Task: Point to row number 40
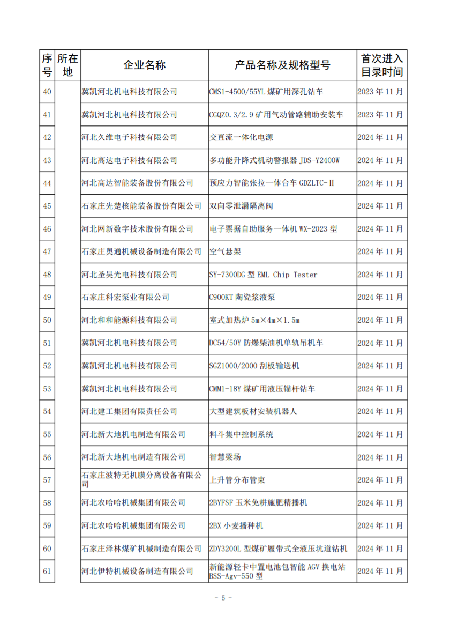pos(47,92)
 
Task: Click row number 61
pos(47,572)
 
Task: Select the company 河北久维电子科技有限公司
pos(129,137)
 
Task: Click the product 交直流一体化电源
pos(241,137)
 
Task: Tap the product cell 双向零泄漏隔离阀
pos(241,206)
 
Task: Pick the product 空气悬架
pos(225,251)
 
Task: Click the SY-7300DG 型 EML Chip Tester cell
pos(263,275)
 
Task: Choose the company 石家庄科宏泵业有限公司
pos(125,297)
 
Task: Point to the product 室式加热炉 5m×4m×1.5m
pos(254,320)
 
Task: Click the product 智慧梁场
pos(225,457)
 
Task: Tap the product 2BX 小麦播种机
pos(236,525)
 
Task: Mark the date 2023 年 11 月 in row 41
pos(381,115)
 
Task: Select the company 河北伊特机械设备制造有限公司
pos(137,572)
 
